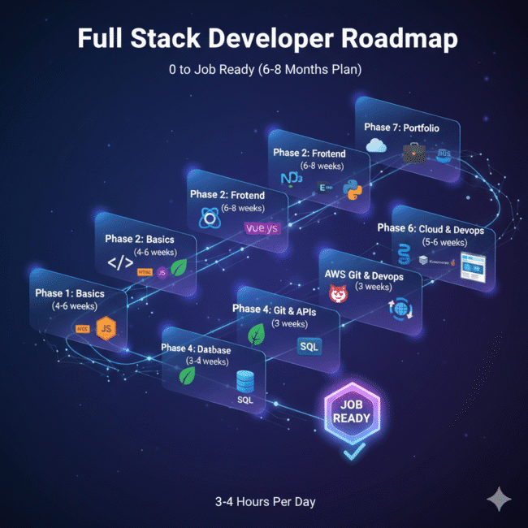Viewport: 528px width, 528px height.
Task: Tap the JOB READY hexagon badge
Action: (351, 409)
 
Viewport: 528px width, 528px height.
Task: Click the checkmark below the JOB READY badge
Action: (350, 452)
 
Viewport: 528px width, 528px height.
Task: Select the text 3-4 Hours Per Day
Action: (264, 501)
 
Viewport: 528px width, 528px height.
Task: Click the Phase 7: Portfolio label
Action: (402, 127)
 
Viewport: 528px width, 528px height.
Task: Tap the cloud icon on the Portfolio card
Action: (376, 145)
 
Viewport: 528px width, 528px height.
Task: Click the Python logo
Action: (352, 192)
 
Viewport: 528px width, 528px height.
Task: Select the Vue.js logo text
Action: (262, 228)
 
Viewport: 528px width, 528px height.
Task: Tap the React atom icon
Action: (210, 218)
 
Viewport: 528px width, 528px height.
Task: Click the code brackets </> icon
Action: (119, 263)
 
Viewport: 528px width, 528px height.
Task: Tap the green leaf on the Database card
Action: (189, 376)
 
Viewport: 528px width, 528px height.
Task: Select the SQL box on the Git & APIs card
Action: (309, 346)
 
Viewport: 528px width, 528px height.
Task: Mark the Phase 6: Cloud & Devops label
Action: (431, 229)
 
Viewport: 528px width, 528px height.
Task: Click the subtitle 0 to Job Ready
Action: (263, 71)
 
